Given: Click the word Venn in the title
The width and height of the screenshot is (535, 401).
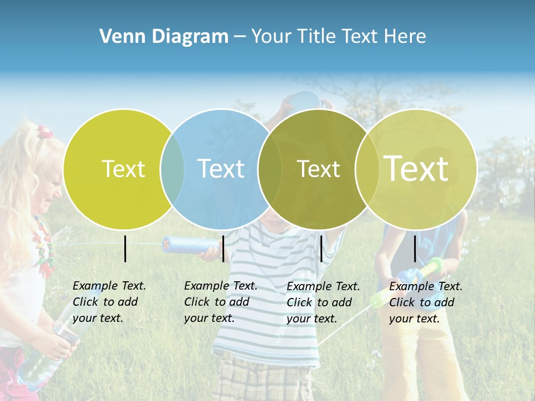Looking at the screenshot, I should coord(119,37).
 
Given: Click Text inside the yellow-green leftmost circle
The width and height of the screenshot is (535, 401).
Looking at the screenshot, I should coord(123,169).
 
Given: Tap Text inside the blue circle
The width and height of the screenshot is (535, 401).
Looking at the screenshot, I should coord(221,169).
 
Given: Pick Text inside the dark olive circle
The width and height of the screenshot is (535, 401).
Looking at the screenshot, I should coord(318,169).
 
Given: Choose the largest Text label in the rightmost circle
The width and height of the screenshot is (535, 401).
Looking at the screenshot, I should coord(416,169).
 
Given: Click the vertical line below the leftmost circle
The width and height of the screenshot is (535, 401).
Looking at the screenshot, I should coord(125,248).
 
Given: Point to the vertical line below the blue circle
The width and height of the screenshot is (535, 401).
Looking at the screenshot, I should coord(223,248).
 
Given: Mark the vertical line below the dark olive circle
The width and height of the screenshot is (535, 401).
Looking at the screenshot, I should coord(322,248).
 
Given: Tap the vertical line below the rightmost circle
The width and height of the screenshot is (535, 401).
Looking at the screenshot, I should coord(415,248).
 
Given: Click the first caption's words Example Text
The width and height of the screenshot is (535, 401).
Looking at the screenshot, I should coord(109,286).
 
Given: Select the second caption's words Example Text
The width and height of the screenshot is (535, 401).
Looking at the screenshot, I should coord(221,286).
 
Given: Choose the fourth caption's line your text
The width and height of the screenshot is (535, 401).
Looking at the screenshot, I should coord(414,319).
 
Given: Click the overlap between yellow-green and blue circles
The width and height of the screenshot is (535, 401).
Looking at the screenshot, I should coord(172,169).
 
